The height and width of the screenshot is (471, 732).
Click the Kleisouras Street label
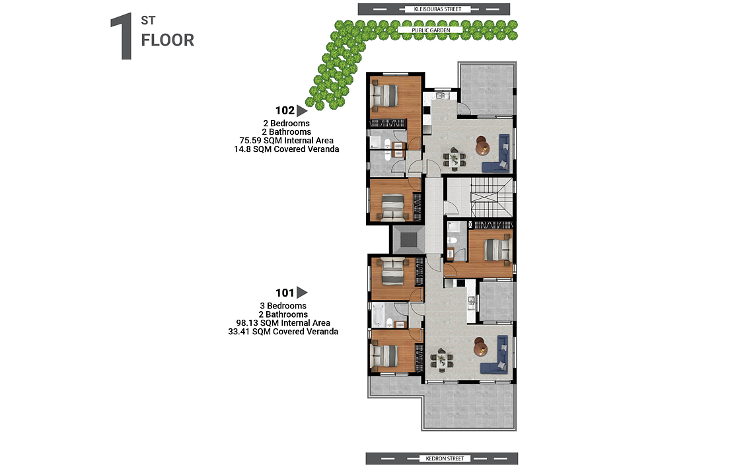437,9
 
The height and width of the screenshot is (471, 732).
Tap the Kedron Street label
445,458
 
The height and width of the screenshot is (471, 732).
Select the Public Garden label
431,30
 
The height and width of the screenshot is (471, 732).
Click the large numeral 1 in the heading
122,37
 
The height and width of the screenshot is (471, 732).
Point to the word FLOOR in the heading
168,40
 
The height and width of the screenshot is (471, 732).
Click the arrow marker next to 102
301,110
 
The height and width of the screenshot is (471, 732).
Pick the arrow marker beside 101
301,293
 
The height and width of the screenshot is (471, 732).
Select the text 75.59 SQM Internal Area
286,141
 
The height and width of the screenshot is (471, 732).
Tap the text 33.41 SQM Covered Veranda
283,332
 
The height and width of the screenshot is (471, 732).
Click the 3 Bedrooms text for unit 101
283,306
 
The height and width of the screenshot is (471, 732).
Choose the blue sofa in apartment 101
497,355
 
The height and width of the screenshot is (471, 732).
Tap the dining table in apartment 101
441,360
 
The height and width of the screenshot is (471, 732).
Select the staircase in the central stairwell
491,197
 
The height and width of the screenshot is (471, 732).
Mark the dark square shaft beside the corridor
408,240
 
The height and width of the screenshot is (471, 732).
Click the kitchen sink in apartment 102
440,96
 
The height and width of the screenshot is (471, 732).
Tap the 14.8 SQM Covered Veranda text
286,149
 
